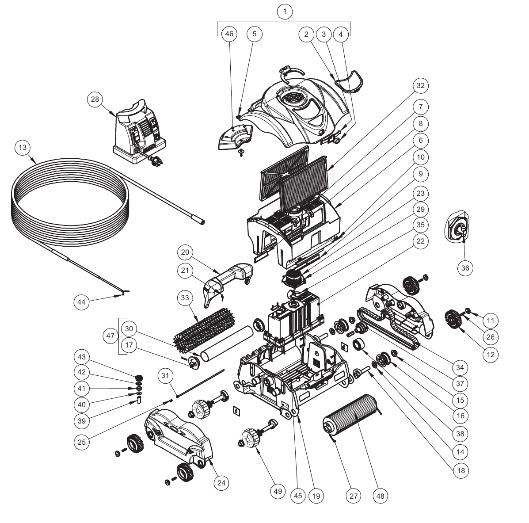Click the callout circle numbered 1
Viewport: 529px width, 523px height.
click(285, 12)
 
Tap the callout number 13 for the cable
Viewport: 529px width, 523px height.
click(23, 148)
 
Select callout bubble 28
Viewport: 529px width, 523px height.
click(95, 99)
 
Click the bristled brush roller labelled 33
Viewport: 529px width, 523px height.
click(205, 328)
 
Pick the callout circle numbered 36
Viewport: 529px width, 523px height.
click(465, 268)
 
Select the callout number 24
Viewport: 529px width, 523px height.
click(221, 483)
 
